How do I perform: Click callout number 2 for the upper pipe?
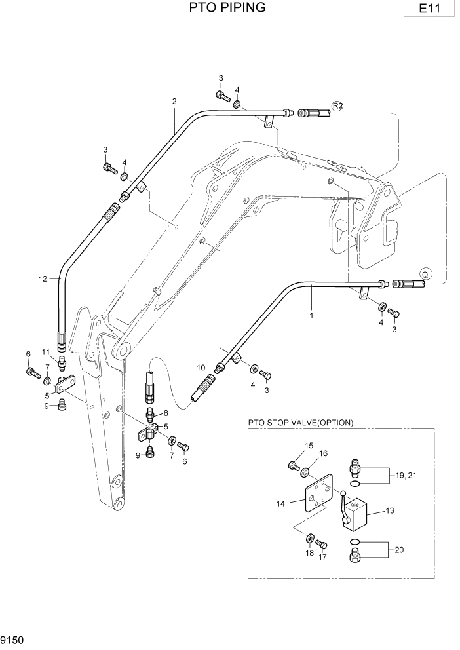(x=174, y=101)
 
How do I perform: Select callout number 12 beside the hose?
(x=43, y=278)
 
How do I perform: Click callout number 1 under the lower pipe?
(x=311, y=315)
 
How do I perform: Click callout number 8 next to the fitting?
(x=165, y=413)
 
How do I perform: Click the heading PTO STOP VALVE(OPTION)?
(x=301, y=423)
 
